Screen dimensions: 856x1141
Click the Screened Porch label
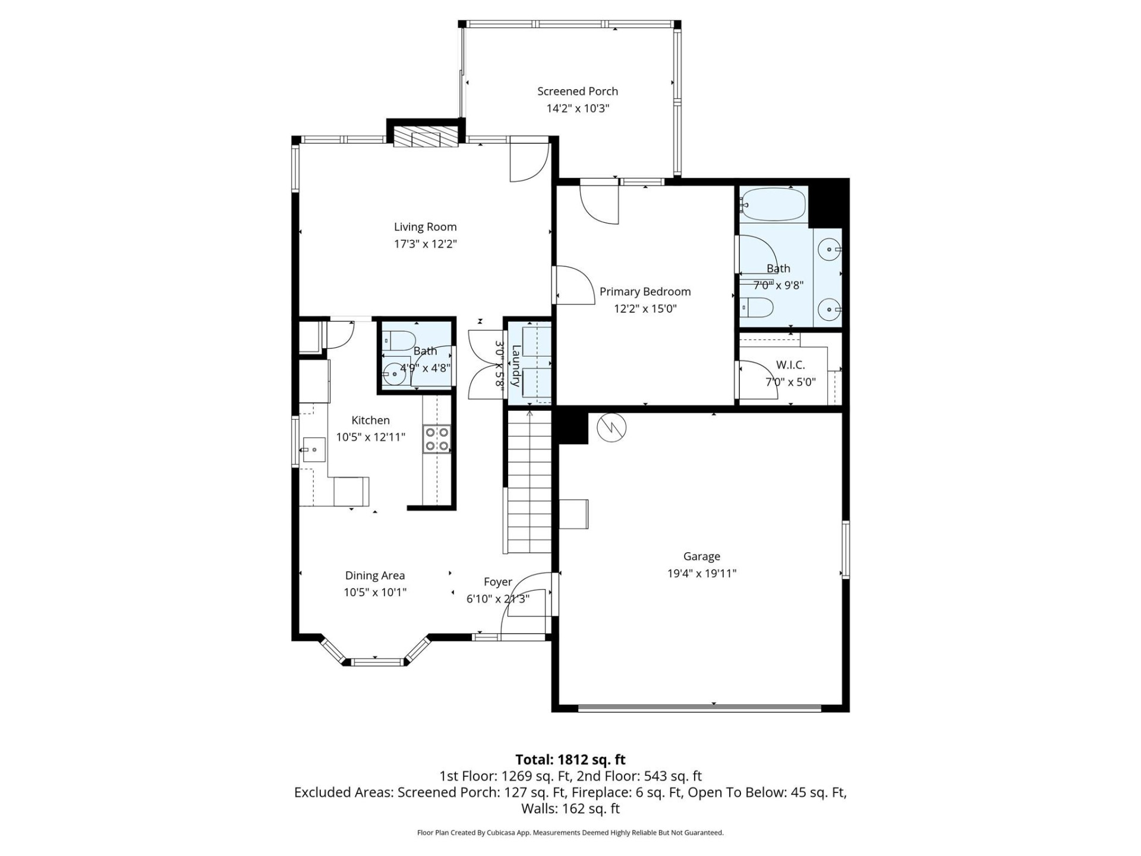[x=577, y=91]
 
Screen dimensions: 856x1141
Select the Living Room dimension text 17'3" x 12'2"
[x=425, y=244]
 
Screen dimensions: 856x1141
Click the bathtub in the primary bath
[x=773, y=205]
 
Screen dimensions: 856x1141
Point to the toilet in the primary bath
[x=758, y=307]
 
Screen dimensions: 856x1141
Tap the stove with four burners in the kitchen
[x=436, y=439]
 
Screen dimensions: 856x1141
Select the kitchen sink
[x=313, y=450]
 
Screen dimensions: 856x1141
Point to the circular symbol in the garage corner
[x=612, y=427]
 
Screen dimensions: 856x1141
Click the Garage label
[x=701, y=556]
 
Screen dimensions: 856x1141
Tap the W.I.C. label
[x=790, y=365]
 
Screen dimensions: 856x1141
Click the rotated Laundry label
[x=516, y=365]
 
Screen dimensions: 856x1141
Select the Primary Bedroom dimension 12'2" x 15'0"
[x=645, y=309]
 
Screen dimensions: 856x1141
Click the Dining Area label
[x=374, y=575]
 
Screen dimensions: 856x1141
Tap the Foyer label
[x=497, y=582]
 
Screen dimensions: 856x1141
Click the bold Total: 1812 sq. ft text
[x=570, y=759]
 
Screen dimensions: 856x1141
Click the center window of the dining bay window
[x=375, y=661]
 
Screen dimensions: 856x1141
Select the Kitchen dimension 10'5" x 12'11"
[x=370, y=437]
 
